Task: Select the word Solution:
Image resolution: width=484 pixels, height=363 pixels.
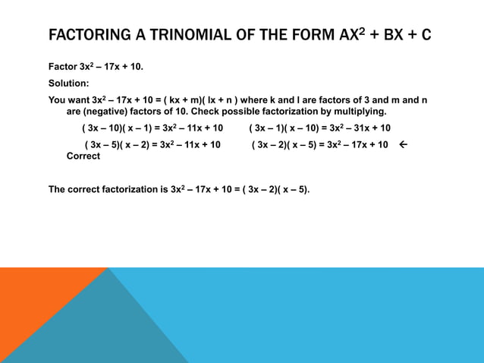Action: (69, 83)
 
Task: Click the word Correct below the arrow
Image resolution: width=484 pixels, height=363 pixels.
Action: (83, 156)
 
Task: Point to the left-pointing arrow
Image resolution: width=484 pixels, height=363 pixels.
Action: (402, 144)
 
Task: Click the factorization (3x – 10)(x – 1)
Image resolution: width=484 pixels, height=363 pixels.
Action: (117, 128)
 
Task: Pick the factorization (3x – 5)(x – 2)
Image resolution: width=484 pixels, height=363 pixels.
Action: (118, 144)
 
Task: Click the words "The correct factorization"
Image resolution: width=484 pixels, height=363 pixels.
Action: (103, 189)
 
